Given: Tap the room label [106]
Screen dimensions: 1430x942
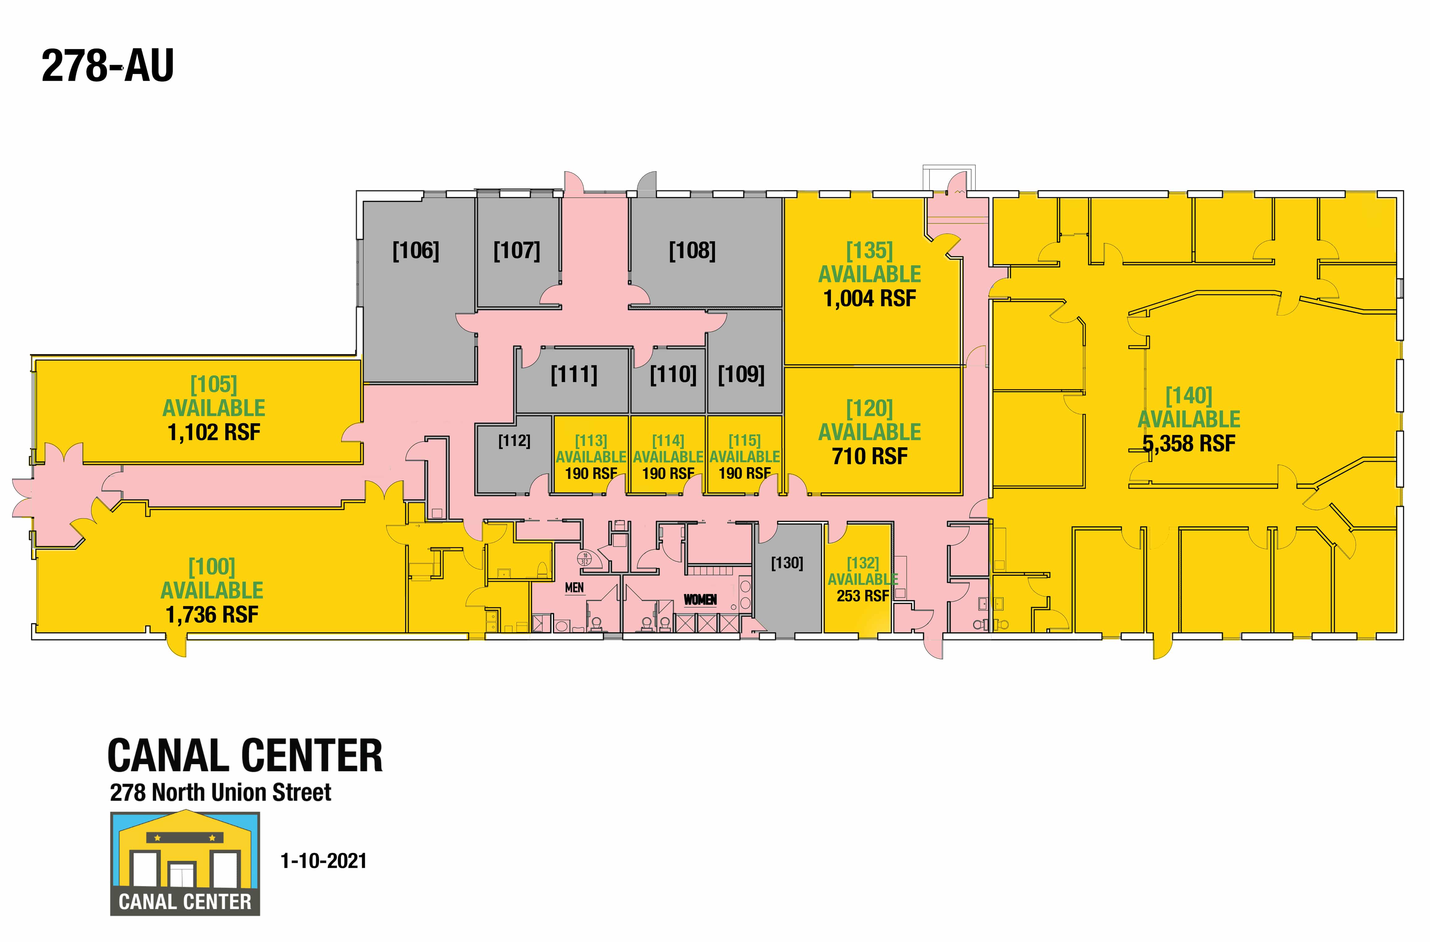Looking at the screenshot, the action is pos(416,251).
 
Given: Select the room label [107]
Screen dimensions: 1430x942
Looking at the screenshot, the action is pos(517,251).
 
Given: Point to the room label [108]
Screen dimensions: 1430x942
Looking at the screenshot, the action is pos(692,251).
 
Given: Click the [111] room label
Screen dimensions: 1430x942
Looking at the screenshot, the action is pos(574,375).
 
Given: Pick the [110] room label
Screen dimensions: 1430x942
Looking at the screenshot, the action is pos(673,375).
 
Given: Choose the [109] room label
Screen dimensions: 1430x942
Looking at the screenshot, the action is pos(741,375).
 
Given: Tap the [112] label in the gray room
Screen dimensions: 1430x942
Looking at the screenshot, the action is pos(514,441).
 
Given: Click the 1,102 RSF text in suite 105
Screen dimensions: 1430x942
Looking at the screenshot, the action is pos(214,432).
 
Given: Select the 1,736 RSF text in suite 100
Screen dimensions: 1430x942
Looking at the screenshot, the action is pos(212,615).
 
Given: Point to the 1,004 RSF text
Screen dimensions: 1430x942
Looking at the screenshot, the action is pos(869,298).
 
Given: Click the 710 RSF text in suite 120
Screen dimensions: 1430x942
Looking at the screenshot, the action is pos(869,456).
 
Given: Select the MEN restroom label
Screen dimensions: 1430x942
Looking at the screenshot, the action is pos(574,588).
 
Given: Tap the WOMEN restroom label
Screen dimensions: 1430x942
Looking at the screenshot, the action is pos(700,599).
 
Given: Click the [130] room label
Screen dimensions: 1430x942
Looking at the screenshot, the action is pos(787,563).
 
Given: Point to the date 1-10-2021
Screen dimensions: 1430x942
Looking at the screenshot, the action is pos(323,861).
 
